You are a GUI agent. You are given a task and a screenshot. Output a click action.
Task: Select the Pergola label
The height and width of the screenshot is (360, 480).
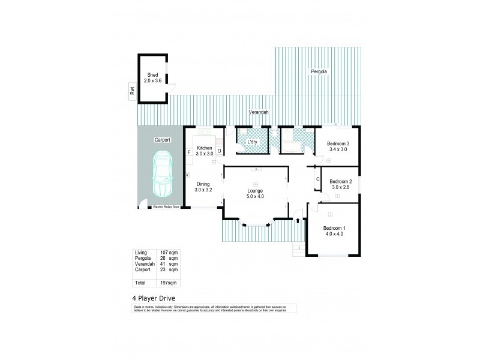[319, 72]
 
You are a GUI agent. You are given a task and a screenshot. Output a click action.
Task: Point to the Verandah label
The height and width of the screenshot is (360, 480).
[259, 112]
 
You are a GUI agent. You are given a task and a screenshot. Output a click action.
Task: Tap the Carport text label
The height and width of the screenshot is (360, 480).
[163, 139]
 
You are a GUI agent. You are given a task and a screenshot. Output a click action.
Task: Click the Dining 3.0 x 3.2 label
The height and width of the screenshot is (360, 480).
[203, 187]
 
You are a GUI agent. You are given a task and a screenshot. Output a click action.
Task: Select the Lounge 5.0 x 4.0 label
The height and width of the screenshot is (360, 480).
[256, 193]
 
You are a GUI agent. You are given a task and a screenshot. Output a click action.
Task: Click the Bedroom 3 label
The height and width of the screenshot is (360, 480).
[338, 146]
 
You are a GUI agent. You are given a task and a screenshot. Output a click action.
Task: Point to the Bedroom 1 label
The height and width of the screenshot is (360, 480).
[334, 231]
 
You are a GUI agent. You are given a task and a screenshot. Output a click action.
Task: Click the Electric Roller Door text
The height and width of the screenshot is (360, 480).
[167, 208]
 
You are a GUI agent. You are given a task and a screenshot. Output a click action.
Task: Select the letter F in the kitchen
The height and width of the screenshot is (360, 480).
[189, 152]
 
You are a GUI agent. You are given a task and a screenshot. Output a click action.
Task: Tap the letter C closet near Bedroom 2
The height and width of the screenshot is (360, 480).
[317, 179]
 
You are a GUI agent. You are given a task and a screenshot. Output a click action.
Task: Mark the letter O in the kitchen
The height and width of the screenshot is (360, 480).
[219, 151]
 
